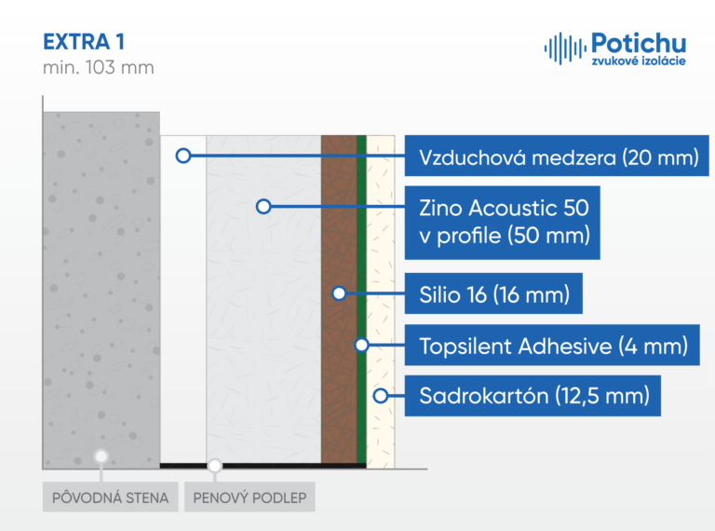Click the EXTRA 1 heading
click(84, 42)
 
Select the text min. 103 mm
click(99, 67)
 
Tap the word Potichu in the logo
click(639, 44)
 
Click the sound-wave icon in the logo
click(564, 48)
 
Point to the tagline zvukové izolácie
click(639, 61)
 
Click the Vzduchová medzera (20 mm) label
click(557, 156)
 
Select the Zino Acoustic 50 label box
click(502, 223)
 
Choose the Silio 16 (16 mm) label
click(493, 293)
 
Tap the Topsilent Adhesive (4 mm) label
click(552, 345)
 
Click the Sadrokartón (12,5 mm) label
click(533, 396)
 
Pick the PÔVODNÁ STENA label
click(111, 497)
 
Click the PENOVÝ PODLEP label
click(250, 497)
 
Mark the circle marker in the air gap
click(183, 156)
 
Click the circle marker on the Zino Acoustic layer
click(263, 207)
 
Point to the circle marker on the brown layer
click(339, 293)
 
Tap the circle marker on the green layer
click(361, 345)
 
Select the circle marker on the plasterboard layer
click(381, 396)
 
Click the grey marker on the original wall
click(101, 456)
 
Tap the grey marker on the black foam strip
click(215, 466)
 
